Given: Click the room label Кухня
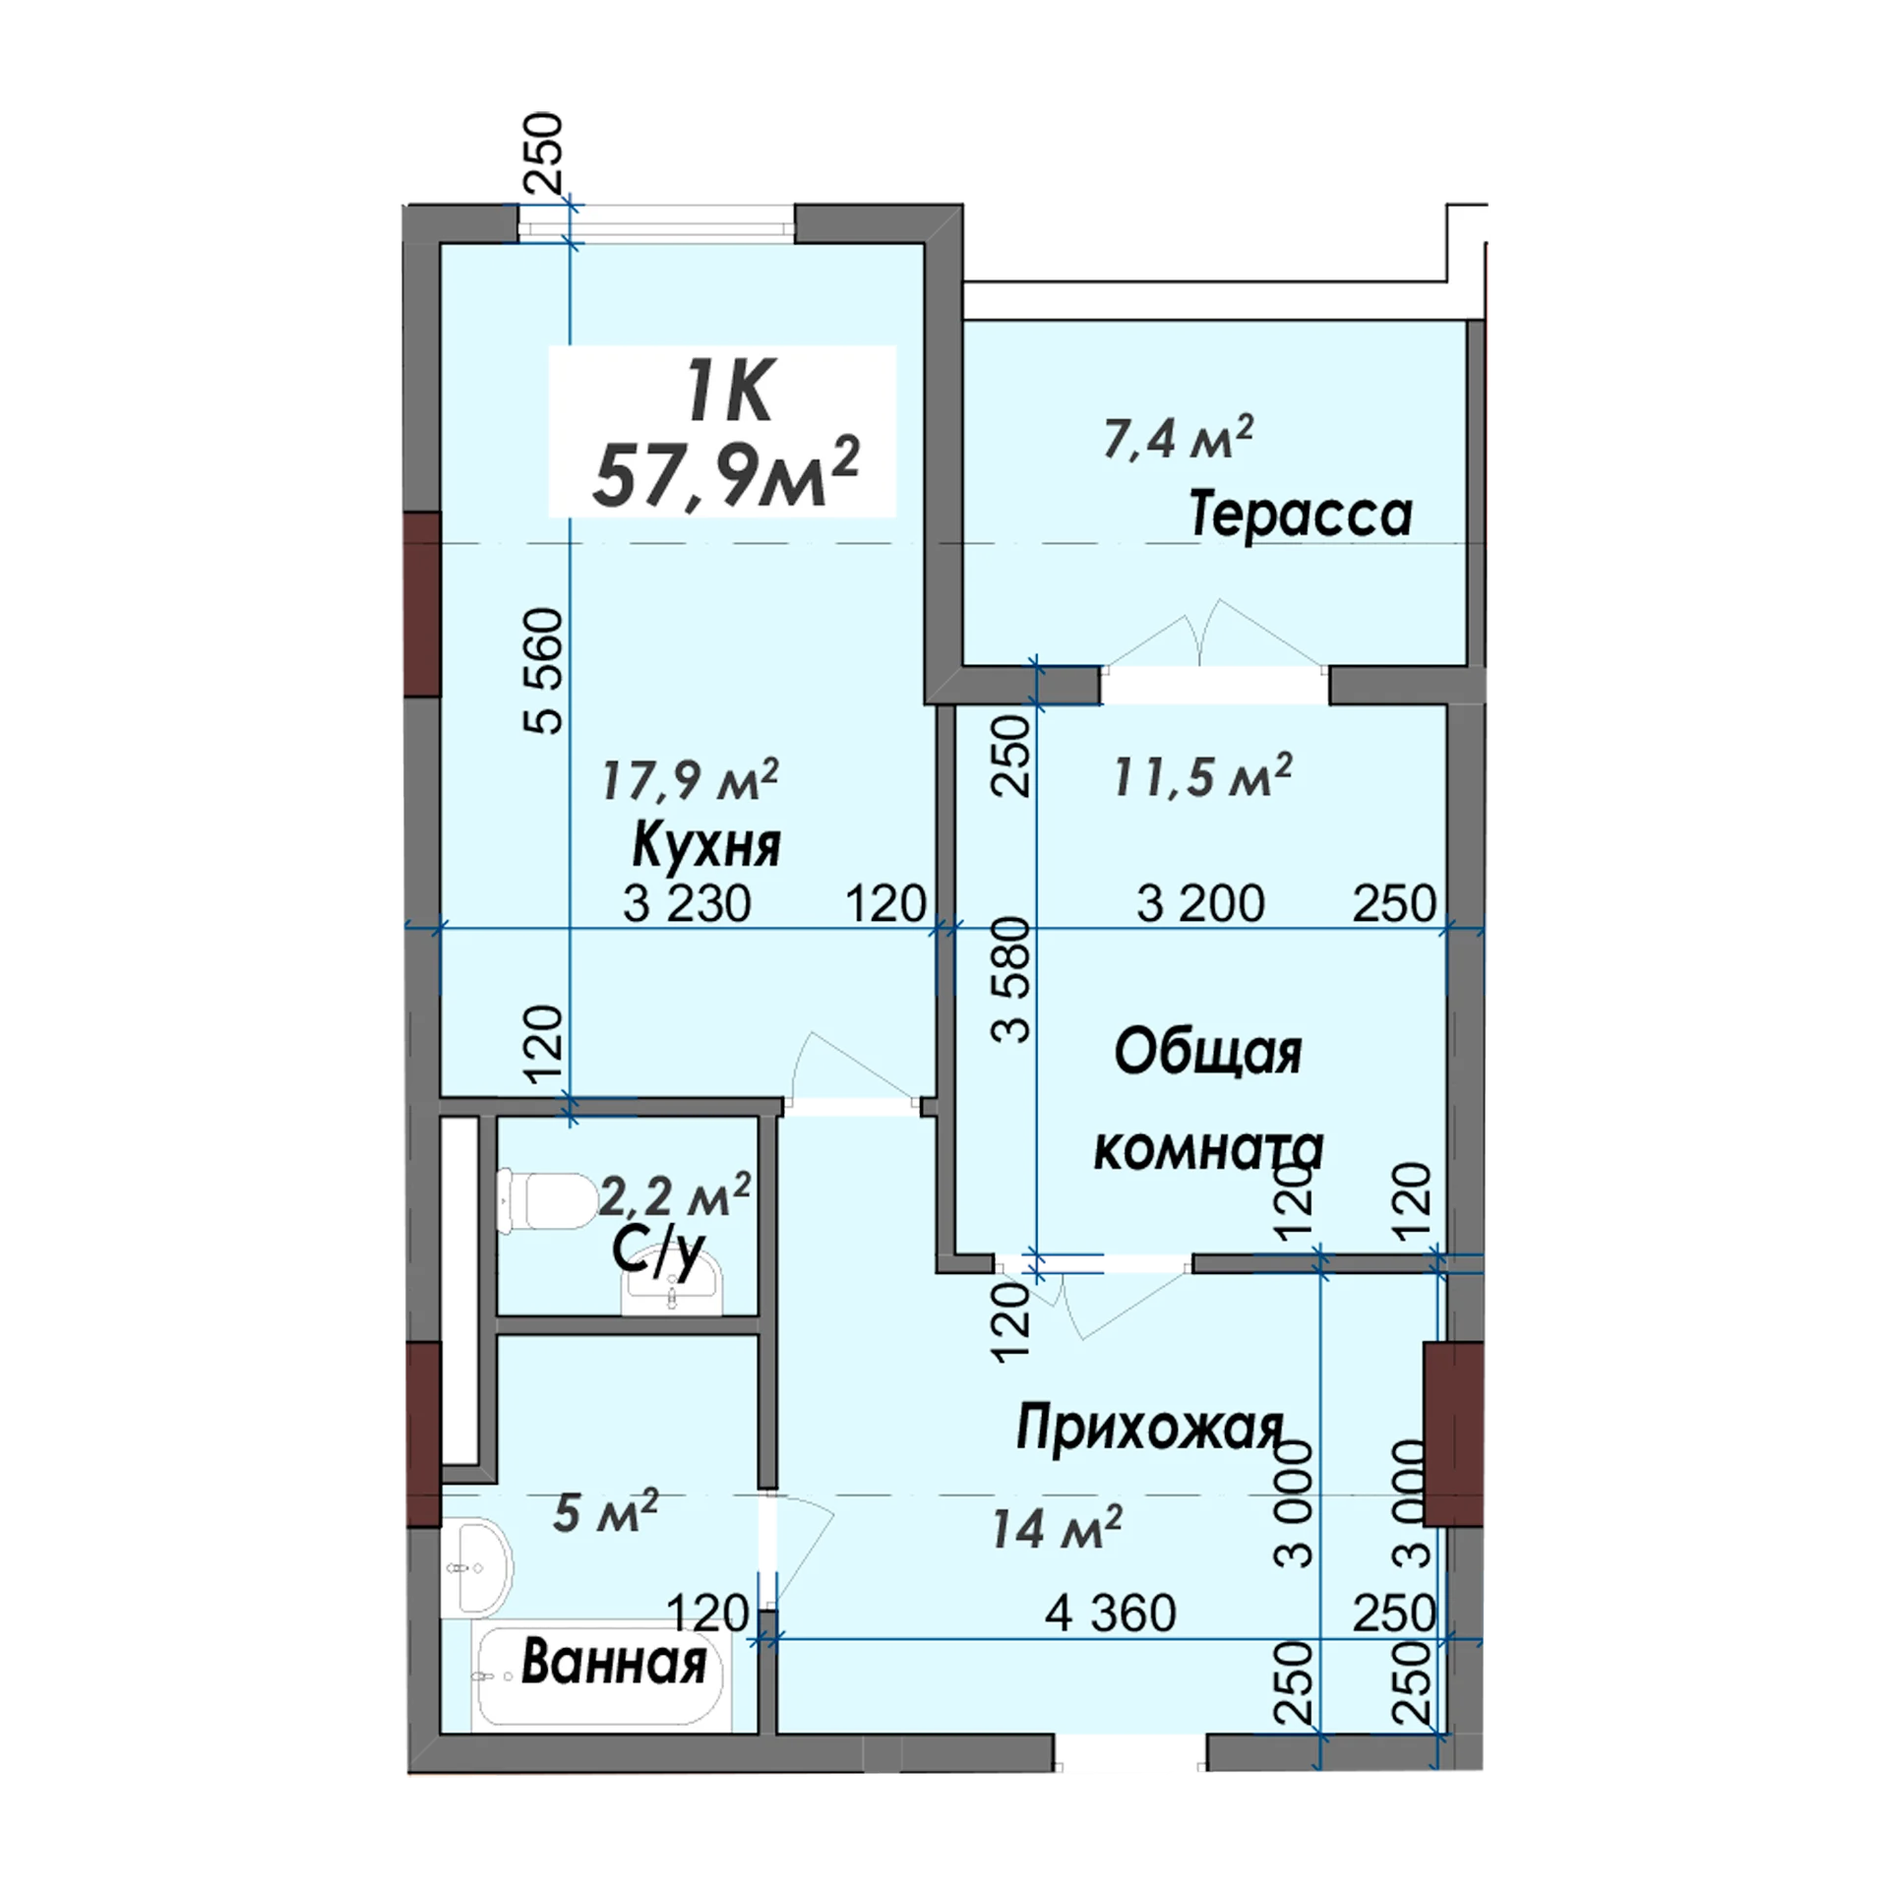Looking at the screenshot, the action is [x=706, y=845].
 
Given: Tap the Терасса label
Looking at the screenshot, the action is [x=1301, y=515].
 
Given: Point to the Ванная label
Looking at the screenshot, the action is [x=614, y=1662].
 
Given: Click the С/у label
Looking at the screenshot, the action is [x=658, y=1253].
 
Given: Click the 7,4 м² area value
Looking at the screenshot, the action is [x=1178, y=438].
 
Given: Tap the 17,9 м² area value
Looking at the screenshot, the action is [x=690, y=779].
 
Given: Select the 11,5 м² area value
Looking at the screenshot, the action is [x=1202, y=776].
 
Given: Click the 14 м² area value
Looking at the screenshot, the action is [x=1056, y=1528].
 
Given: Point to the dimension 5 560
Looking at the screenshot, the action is [x=544, y=671].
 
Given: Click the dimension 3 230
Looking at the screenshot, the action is [x=687, y=903].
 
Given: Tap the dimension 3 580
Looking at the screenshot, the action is [x=1011, y=980].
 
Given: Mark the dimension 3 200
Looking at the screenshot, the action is [x=1200, y=903].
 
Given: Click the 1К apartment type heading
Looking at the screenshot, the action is [x=729, y=391].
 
